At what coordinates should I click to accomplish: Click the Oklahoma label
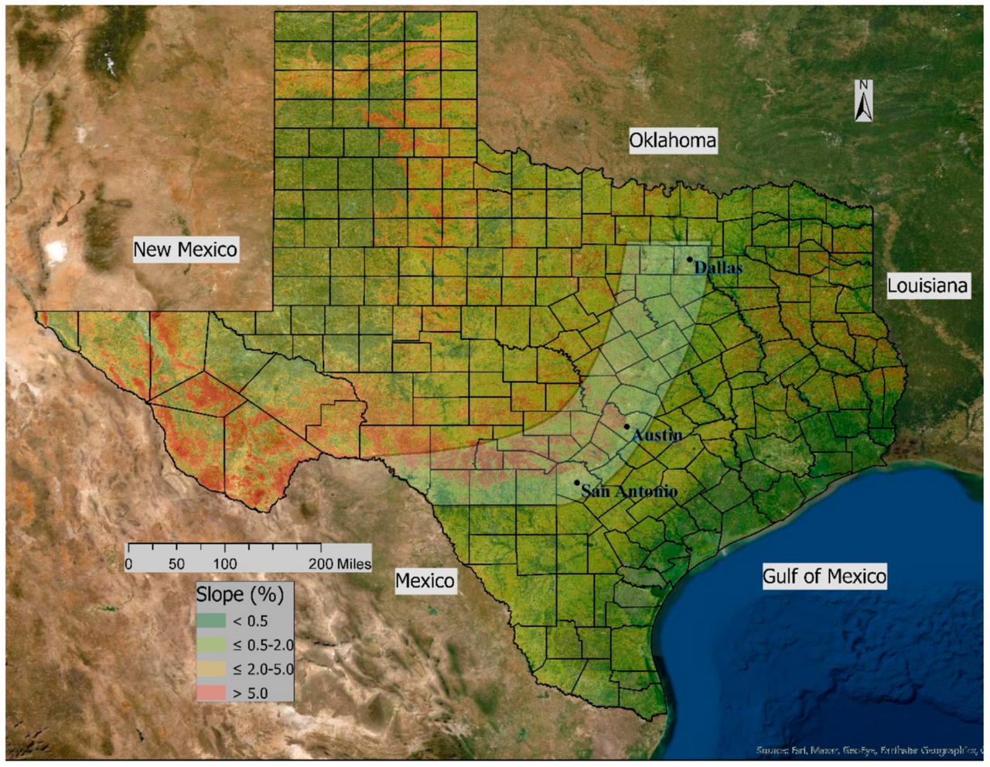coord(672,141)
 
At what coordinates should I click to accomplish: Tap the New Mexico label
coord(185,250)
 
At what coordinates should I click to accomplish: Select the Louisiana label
coord(927,286)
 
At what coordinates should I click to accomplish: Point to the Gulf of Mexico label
coord(824,577)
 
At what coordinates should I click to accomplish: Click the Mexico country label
coord(425,581)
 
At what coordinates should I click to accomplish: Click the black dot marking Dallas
coord(689,260)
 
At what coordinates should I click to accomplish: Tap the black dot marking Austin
coord(626,426)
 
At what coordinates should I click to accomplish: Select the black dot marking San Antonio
coord(576,483)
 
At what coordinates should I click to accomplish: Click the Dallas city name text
coord(719,269)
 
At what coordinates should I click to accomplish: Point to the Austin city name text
coord(657,435)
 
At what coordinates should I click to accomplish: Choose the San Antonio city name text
coord(630,491)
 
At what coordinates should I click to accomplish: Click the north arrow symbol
coord(864,101)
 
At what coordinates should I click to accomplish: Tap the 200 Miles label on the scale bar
coord(340,564)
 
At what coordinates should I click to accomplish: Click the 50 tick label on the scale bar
coord(176,564)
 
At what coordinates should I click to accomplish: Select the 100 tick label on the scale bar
coord(225,564)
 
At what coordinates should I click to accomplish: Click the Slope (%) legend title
coord(240,594)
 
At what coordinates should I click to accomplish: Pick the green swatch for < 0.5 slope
coord(210,621)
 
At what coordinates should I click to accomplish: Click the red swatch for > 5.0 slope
coord(210,693)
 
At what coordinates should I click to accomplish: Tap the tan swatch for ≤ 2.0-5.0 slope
coord(210,669)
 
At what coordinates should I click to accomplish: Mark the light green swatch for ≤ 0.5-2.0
coord(210,645)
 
